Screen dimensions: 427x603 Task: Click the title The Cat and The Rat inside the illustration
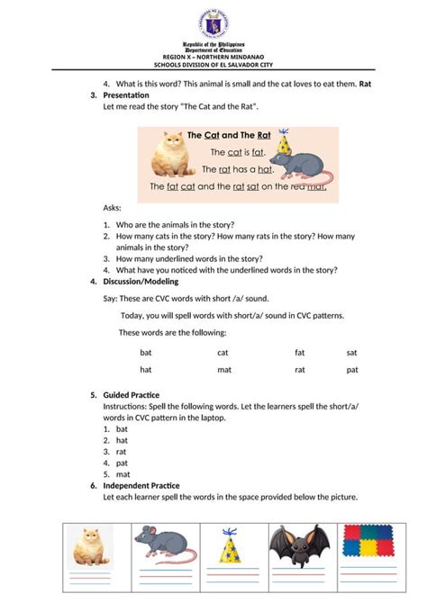[x=229, y=134]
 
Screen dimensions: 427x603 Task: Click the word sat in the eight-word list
[x=351, y=353]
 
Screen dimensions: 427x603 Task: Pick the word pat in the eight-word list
[x=352, y=370]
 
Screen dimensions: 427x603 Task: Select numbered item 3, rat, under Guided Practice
[x=122, y=452]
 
